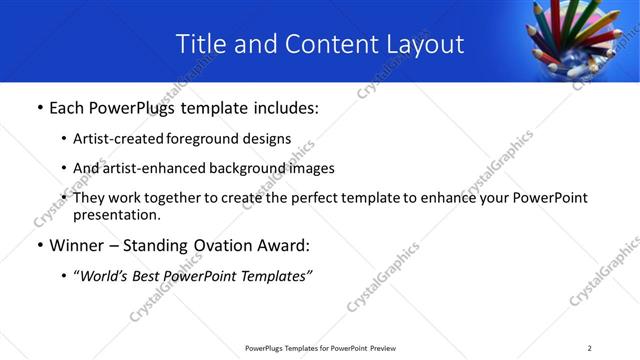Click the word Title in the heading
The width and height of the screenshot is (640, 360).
pos(201,44)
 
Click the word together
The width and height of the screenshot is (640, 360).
pos(173,198)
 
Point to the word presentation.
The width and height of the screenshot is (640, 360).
pos(116,214)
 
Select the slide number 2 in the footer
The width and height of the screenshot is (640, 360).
pos(589,348)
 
